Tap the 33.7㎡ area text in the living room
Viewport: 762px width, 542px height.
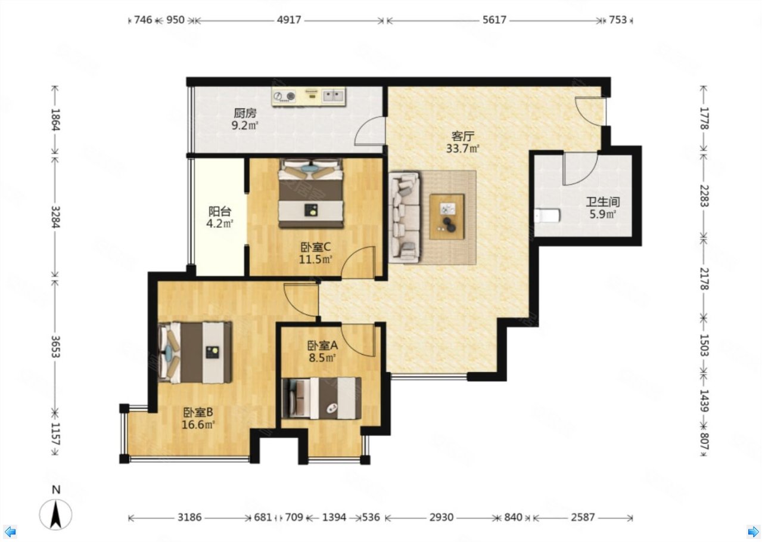(462, 149)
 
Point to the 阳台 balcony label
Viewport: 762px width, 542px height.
(219, 212)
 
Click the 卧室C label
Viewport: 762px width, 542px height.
(315, 246)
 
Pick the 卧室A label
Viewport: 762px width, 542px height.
(322, 345)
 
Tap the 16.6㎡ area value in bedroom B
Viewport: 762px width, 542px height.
(198, 425)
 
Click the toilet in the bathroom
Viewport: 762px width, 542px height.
(547, 215)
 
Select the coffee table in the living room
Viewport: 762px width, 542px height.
(447, 216)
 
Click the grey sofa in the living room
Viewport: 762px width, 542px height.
(405, 217)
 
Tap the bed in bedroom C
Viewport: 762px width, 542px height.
(311, 194)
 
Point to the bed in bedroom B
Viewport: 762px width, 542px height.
(195, 352)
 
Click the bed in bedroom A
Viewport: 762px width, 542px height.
(322, 398)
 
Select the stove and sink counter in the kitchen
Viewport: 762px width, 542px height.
(309, 97)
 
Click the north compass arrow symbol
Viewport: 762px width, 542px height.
(55, 513)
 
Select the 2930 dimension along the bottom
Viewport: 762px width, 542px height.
(441, 518)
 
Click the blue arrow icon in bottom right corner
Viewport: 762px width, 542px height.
(752, 531)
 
